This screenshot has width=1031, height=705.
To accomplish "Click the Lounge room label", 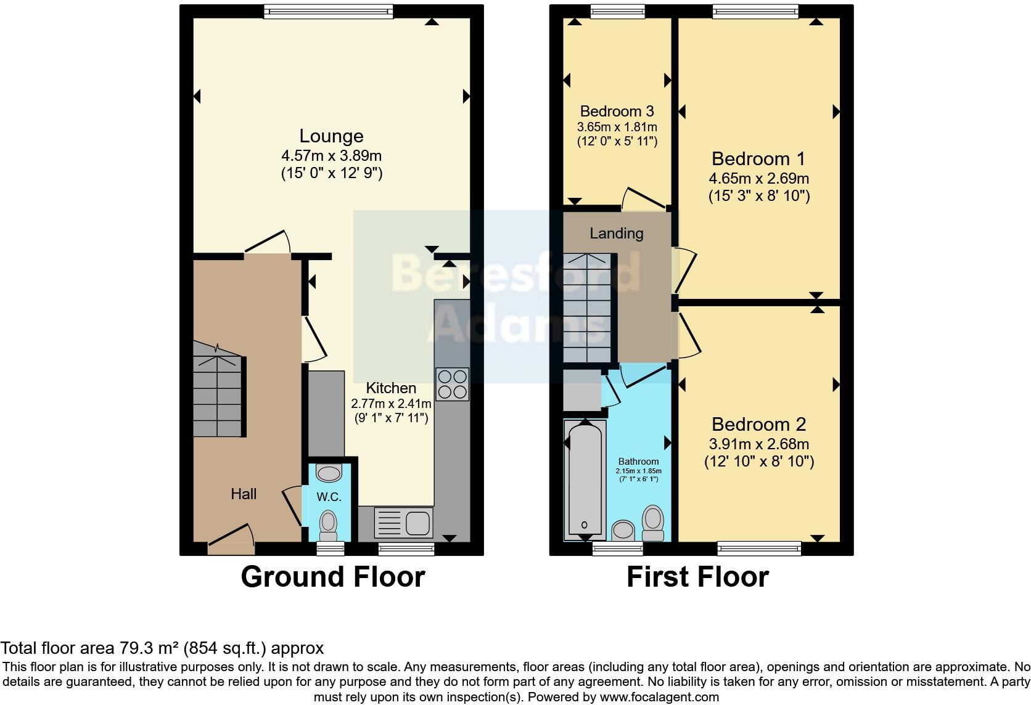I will [331, 136].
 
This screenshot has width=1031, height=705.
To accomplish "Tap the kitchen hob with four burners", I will [452, 384].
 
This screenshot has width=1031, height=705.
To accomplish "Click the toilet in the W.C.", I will [328, 526].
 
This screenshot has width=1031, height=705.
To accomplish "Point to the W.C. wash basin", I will [328, 473].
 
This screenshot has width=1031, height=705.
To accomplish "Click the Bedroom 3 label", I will [617, 112].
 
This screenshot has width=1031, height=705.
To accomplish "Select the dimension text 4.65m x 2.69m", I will [758, 179].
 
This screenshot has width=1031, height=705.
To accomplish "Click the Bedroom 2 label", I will [758, 424].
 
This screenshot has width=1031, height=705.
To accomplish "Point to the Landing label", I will [616, 234].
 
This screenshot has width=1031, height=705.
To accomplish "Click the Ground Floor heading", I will [332, 577].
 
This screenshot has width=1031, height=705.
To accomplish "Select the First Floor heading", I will [697, 577].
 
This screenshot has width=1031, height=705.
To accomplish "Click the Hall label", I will [244, 494].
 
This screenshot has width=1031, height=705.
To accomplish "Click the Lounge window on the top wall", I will [328, 11].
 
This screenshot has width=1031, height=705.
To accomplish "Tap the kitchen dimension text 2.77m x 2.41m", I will [391, 404].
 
